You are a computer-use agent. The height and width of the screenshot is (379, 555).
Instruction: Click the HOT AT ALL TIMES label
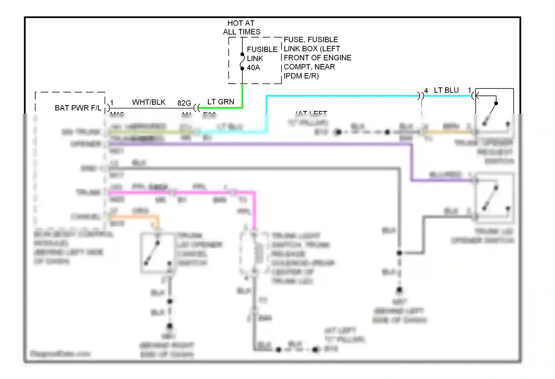pyautogui.click(x=241, y=27)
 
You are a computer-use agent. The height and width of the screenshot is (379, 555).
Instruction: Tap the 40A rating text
pyautogui.click(x=253, y=68)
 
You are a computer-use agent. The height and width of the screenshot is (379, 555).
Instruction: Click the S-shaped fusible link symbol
pyautogui.click(x=242, y=61)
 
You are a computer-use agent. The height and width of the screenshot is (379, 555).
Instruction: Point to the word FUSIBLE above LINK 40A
pyautogui.click(x=262, y=50)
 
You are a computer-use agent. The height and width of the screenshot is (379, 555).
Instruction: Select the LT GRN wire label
pyautogui.click(x=221, y=102)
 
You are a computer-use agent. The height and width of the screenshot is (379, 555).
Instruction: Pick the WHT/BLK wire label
pyautogui.click(x=149, y=102)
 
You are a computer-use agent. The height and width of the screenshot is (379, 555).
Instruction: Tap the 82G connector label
pyautogui.click(x=184, y=103)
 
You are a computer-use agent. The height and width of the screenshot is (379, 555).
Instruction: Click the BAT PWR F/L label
pyautogui.click(x=78, y=108)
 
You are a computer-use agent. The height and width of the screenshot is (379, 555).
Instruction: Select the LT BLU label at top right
pyautogui.click(x=446, y=90)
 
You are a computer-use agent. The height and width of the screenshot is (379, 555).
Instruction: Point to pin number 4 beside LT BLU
pyautogui.click(x=426, y=91)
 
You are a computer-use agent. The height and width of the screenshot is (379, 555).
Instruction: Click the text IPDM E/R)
pyautogui.click(x=301, y=76)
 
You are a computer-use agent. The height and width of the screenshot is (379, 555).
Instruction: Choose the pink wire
pyautogui.click(x=203, y=192)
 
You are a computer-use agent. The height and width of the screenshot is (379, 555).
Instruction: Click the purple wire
pyautogui.click(x=259, y=144)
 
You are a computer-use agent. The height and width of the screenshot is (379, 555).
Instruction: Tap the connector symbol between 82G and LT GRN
pyautogui.click(x=196, y=108)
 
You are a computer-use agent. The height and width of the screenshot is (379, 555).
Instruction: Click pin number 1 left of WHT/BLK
pyautogui.click(x=112, y=103)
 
